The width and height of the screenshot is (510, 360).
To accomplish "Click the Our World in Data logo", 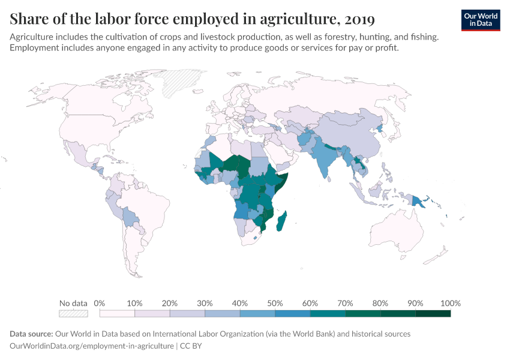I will pyautogui.click(x=480, y=20).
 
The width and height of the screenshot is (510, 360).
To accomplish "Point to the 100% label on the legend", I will pyautogui.click(x=450, y=303).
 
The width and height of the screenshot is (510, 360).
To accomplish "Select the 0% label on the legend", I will pyautogui.click(x=100, y=303).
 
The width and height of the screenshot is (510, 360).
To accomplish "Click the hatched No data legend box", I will pyautogui.click(x=73, y=313).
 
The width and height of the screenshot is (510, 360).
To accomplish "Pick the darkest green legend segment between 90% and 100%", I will pyautogui.click(x=433, y=313).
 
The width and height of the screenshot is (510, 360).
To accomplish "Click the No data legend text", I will pyautogui.click(x=73, y=303).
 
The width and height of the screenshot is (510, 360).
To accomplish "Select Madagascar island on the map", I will pyautogui.click(x=281, y=221).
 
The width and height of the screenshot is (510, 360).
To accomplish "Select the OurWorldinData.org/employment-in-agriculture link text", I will pyautogui.click(x=92, y=346).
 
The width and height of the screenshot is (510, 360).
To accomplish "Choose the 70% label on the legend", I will pyautogui.click(x=344, y=303).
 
